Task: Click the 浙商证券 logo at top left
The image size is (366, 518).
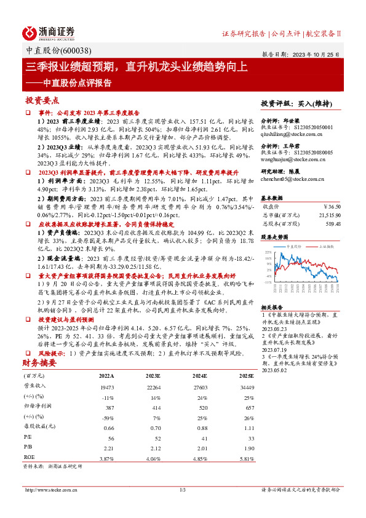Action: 49,33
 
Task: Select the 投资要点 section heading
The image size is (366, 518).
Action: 42,100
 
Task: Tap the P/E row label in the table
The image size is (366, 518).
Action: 28,437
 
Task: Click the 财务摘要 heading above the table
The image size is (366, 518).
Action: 39,364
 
